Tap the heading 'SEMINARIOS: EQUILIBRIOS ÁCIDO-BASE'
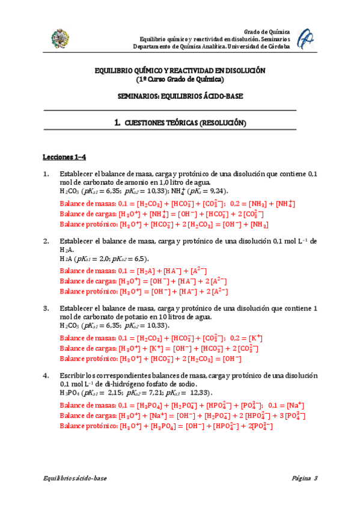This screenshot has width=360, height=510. pos(180,96)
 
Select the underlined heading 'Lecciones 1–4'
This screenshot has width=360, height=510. pos(64,158)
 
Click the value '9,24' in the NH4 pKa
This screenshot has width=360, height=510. pos(219,191)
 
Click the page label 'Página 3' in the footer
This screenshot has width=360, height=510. pos(304,478)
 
